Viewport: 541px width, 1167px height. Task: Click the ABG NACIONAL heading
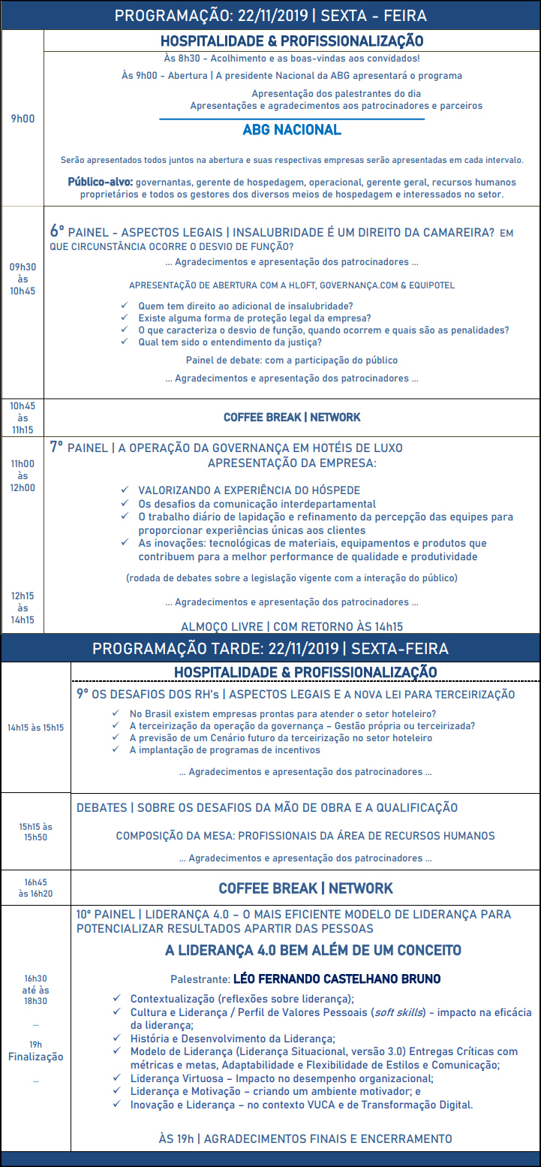pyautogui.click(x=291, y=130)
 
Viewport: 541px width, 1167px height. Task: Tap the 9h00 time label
pyautogui.click(x=23, y=119)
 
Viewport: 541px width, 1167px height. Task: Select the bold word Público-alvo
pyautogui.click(x=101, y=182)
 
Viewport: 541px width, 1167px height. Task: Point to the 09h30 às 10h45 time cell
pyautogui.click(x=23, y=279)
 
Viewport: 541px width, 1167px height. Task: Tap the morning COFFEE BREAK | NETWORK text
pyautogui.click(x=292, y=417)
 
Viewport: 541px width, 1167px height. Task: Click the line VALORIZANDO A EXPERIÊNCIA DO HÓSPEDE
pyautogui.click(x=249, y=490)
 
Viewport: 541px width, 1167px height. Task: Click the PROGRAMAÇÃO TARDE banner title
pyautogui.click(x=270, y=647)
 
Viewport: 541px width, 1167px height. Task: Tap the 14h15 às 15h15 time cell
pyautogui.click(x=35, y=727)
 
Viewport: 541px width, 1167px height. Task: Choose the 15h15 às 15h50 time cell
pyautogui.click(x=35, y=831)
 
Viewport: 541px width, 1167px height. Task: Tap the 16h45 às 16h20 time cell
pyautogui.click(x=35, y=888)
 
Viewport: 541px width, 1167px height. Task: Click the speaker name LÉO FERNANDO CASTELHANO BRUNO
pyautogui.click(x=337, y=979)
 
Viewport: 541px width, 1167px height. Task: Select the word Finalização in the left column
pyautogui.click(x=35, y=1057)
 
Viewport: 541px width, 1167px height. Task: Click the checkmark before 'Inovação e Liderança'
pyautogui.click(x=117, y=1104)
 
